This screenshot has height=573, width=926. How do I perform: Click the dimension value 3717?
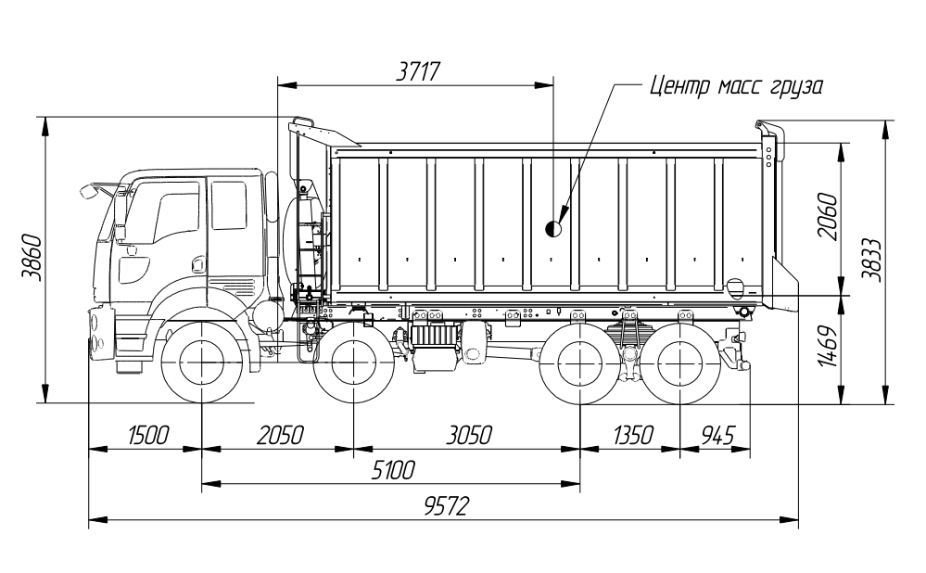418,71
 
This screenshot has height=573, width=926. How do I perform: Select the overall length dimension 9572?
447,506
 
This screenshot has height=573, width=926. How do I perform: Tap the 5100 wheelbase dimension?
393,470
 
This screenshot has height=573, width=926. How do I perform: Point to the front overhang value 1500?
148,436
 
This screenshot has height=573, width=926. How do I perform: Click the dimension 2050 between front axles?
280,436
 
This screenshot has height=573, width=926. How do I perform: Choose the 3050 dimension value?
469,436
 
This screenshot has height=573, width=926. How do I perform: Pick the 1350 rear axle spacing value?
633,436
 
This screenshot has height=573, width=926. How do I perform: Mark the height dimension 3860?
32,258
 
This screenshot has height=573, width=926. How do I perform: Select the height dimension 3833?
871,260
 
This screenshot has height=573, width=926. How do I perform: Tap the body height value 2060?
828,216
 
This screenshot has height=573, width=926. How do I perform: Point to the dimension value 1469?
829,346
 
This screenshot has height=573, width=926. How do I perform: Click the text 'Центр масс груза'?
736,86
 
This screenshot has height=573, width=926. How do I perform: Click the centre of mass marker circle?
554,228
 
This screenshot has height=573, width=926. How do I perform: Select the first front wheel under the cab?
202,363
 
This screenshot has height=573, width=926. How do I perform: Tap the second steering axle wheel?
354,363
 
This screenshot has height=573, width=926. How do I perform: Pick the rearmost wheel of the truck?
679,363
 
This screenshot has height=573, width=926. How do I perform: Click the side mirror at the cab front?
89,191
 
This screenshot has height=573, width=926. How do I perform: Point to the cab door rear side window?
229,205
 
